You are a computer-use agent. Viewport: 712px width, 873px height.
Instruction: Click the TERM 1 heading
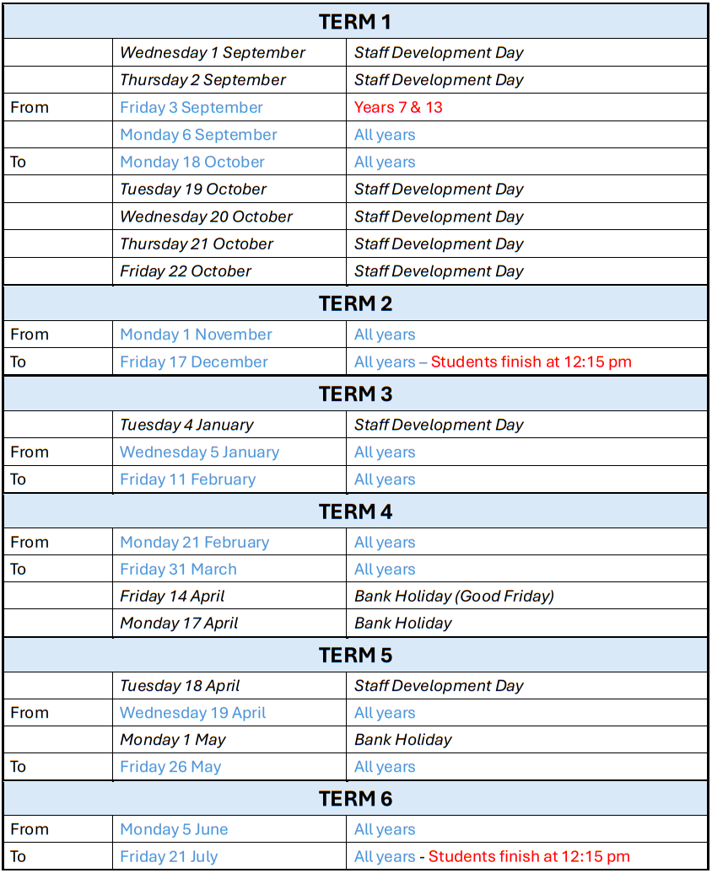[355, 22]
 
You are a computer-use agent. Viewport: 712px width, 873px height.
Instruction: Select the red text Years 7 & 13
[398, 107]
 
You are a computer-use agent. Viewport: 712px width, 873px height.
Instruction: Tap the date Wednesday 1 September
[213, 52]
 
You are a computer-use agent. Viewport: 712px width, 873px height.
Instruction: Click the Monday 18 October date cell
[192, 162]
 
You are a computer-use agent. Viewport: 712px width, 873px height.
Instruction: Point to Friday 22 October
[186, 271]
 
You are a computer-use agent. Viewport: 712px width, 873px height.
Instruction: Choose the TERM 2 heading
[355, 303]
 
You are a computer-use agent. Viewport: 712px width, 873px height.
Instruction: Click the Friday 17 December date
[194, 362]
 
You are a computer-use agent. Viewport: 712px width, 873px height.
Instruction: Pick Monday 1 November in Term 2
[196, 335]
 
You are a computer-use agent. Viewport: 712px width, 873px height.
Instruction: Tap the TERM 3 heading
[355, 394]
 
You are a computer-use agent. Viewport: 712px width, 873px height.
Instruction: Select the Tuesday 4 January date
[186, 425]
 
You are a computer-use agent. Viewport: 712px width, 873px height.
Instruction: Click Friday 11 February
[187, 479]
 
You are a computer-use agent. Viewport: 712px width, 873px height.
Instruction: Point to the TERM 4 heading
[355, 511]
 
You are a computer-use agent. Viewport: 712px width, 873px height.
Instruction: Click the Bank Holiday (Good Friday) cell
[454, 596]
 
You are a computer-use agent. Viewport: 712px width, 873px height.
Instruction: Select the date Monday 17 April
[179, 624]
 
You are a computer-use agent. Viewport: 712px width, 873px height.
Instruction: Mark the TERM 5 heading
[355, 655]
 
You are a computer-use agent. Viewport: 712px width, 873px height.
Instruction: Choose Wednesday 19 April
[192, 713]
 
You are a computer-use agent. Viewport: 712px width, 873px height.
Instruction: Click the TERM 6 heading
[355, 798]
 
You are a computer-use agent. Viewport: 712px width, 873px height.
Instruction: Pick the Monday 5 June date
[174, 829]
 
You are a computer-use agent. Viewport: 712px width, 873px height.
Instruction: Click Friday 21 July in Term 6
[169, 857]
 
